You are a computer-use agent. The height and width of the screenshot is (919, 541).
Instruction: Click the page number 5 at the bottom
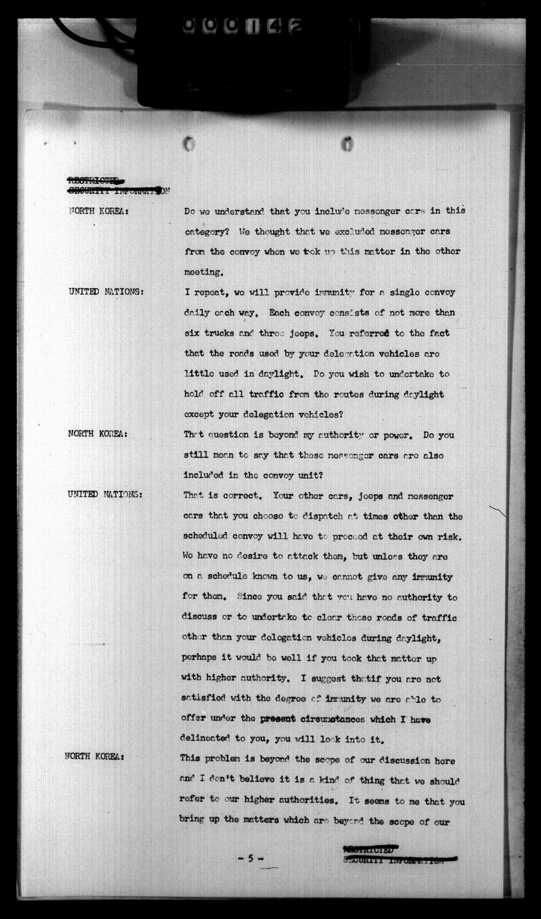251,859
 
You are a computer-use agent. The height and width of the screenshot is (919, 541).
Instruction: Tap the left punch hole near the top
189,143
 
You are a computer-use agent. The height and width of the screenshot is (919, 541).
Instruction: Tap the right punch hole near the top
347,143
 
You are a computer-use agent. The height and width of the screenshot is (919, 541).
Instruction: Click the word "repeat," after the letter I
211,293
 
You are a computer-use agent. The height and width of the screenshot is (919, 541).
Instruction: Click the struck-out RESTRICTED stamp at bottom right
368,849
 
